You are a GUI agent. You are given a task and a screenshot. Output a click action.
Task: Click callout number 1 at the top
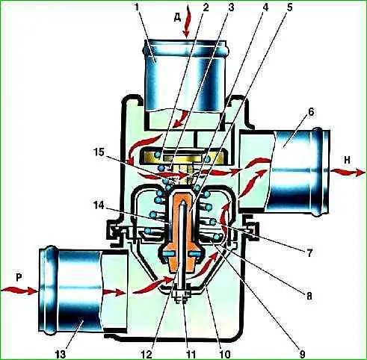136,7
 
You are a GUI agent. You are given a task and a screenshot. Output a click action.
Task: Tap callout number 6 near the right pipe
311,113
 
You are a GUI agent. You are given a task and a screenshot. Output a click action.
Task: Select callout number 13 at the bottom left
60,354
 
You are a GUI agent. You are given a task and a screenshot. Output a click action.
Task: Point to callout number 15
100,152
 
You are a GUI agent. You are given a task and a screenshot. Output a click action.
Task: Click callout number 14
100,206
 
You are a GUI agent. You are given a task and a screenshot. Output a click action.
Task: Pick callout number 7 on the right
310,253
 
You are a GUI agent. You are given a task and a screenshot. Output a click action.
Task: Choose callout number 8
309,297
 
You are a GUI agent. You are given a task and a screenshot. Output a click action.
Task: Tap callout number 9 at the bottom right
302,354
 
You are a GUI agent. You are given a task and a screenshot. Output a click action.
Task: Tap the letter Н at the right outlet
347,161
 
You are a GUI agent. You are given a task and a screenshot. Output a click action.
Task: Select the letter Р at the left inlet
19,278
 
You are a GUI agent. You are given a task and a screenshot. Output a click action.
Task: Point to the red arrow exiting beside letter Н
349,173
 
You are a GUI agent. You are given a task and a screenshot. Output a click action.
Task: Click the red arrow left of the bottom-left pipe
19,290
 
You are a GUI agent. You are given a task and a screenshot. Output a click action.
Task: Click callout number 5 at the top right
289,7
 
